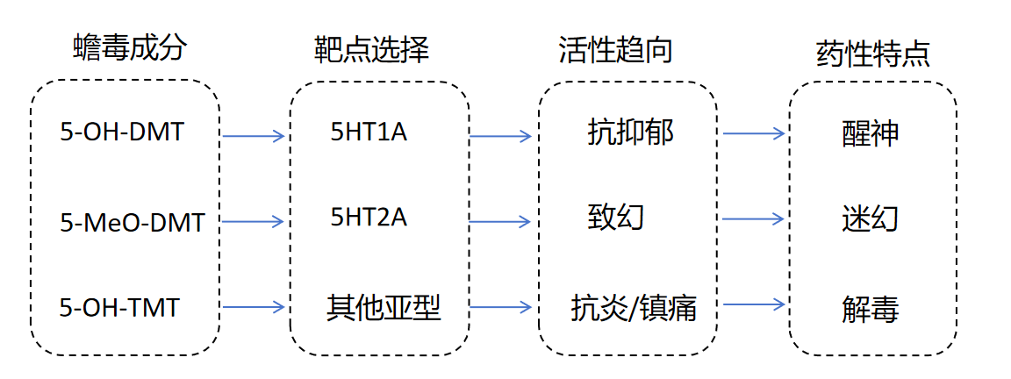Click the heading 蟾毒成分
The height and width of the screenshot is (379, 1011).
129,47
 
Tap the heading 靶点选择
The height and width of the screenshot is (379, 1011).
371,49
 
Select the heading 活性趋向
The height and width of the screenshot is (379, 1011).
615,49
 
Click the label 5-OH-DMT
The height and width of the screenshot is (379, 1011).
123,132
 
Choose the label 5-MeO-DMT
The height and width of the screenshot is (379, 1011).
133,222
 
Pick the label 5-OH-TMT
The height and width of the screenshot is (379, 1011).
119,308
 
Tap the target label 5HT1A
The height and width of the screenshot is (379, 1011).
369,132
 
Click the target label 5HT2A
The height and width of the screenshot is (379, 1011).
369,217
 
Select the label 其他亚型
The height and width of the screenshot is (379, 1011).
384,307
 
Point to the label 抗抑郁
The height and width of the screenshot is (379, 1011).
630,132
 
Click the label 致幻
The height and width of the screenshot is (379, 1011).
615,217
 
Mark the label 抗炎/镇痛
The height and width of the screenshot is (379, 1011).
634,308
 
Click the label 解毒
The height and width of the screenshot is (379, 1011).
870,308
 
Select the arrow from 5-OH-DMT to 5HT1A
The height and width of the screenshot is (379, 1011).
254,136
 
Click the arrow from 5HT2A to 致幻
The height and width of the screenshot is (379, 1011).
500,219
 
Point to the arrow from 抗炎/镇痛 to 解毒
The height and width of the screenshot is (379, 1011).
752,304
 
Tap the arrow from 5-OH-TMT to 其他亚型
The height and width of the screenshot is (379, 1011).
254,307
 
